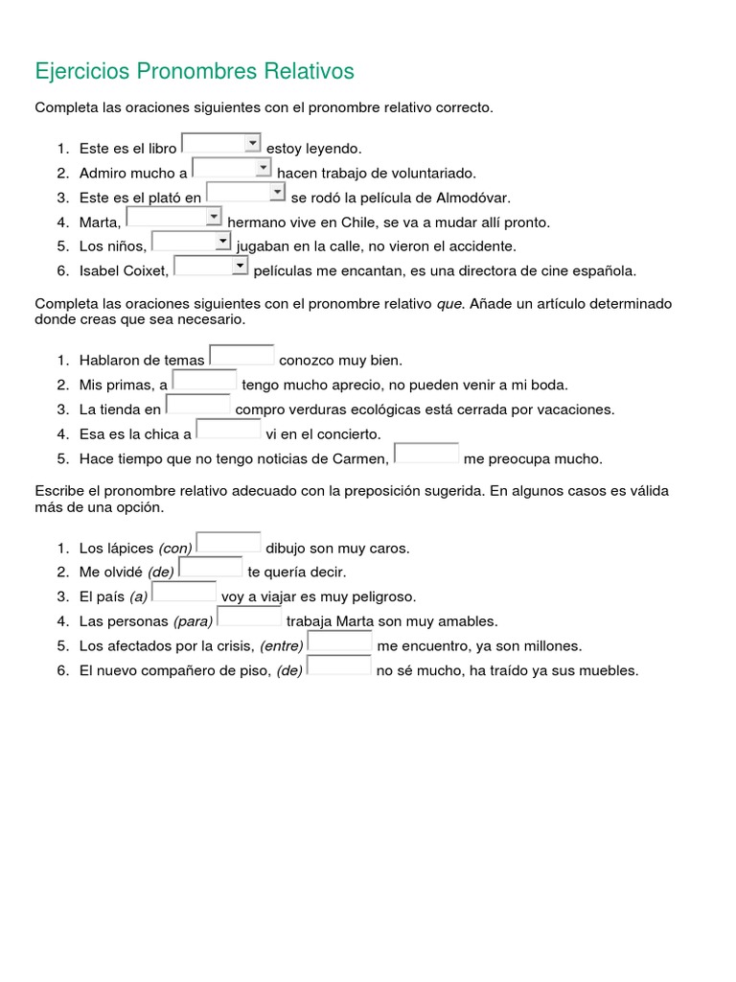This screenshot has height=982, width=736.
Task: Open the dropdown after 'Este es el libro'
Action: click(221, 144)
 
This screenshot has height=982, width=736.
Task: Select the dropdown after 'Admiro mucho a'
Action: click(232, 169)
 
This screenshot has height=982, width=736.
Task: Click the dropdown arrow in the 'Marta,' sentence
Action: click(214, 217)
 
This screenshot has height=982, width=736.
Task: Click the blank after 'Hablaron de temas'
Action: click(241, 356)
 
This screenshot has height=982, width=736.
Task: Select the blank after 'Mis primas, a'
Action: click(204, 381)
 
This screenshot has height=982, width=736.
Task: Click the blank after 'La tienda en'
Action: click(198, 406)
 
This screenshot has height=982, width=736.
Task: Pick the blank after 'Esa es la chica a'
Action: click(228, 430)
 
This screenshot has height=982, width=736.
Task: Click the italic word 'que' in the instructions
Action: click(449, 303)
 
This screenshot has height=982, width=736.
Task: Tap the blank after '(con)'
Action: click(228, 544)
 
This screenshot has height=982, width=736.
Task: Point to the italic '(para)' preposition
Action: click(194, 621)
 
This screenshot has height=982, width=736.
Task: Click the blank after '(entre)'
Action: click(340, 642)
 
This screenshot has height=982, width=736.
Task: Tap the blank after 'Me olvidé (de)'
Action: click(210, 568)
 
